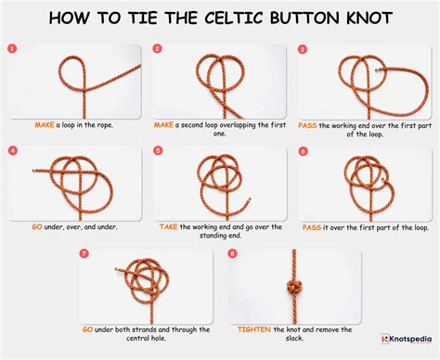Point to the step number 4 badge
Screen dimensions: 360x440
11,149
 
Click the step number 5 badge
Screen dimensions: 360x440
157,149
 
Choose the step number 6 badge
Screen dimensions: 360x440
303,149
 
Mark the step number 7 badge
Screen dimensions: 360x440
84,252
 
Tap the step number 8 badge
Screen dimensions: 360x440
230,252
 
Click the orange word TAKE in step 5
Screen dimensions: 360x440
169,226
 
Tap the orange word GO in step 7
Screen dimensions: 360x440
86,329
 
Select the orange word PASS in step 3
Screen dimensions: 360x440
308,123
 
